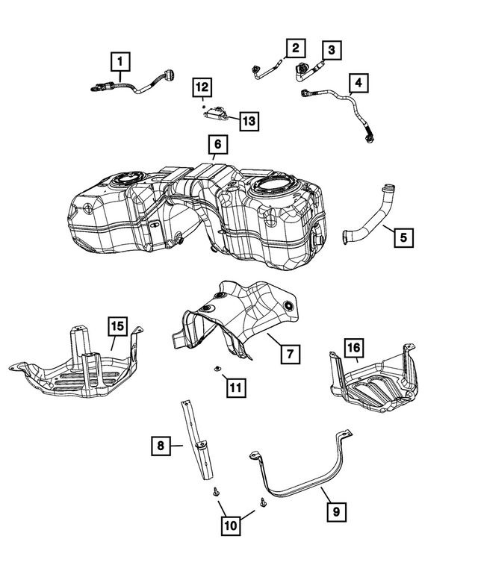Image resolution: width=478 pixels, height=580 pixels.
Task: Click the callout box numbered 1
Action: point(119,60)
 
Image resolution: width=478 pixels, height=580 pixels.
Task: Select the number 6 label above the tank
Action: point(215,143)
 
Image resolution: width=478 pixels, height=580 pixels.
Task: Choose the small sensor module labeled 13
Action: point(217,114)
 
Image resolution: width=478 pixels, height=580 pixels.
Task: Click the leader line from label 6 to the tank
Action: point(214,157)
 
